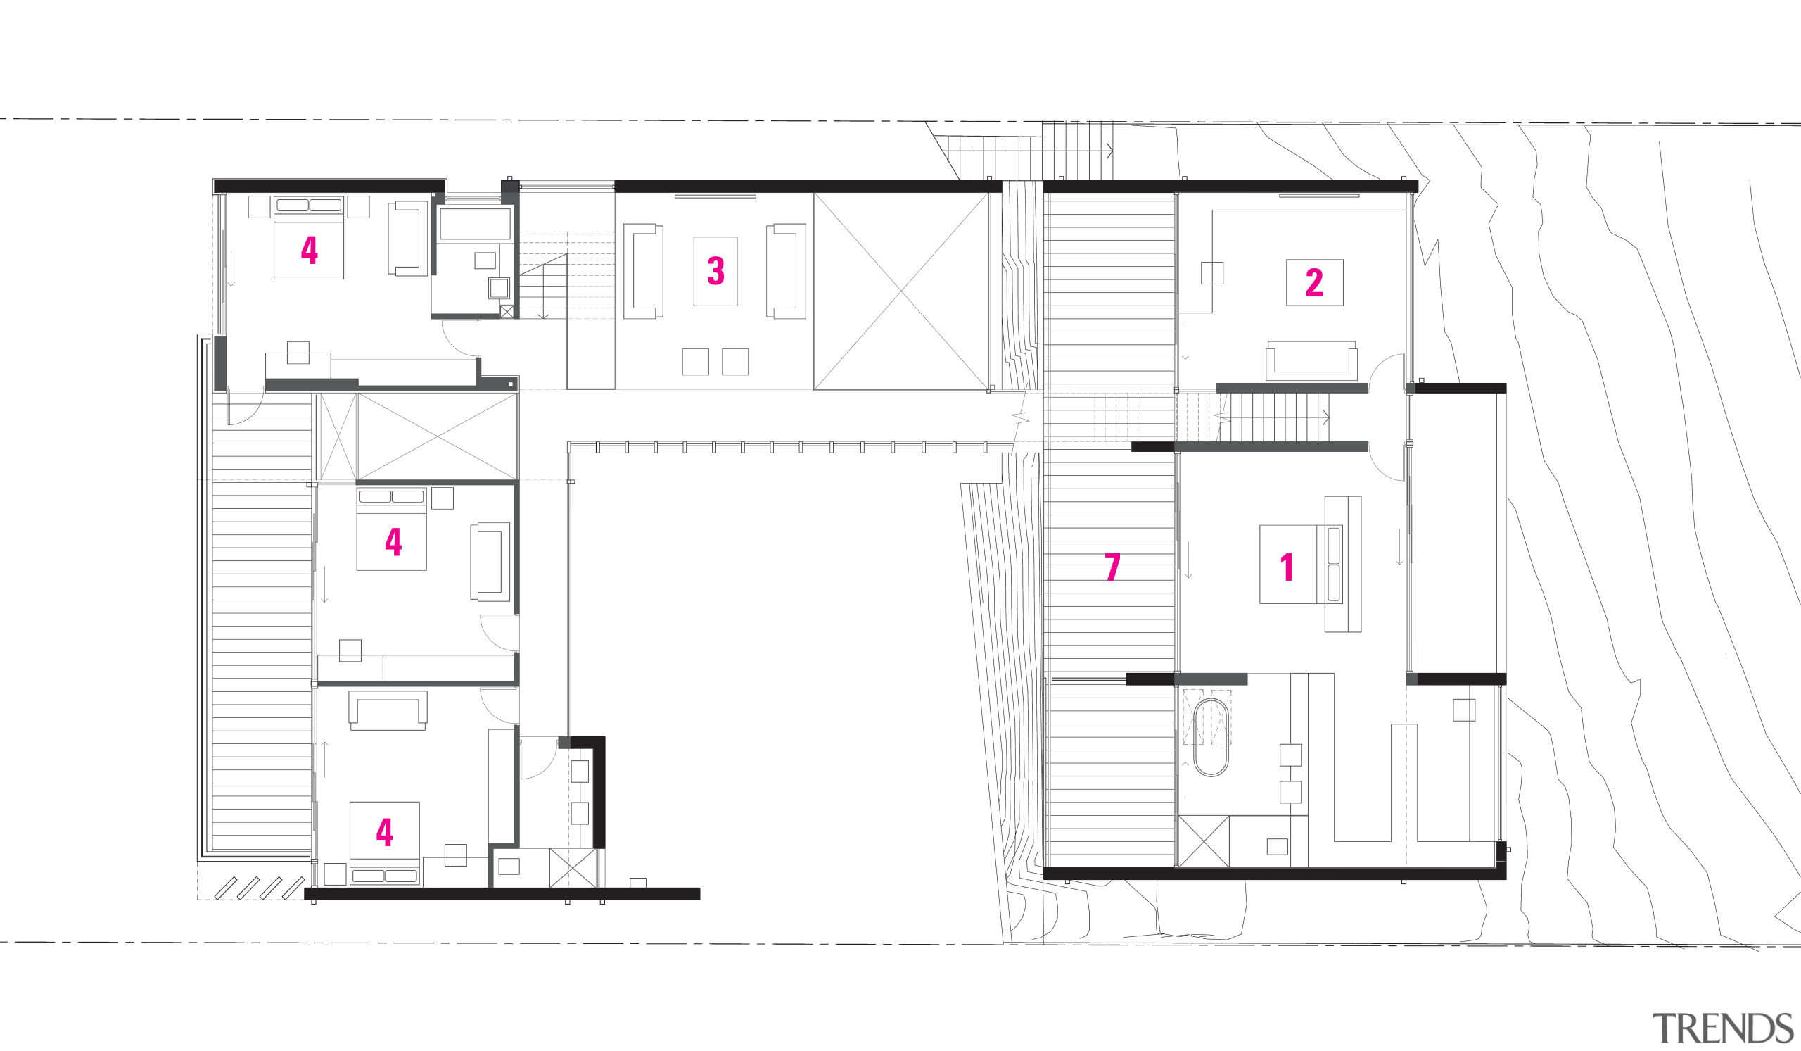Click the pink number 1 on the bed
click(x=1287, y=567)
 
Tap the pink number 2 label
click(x=1313, y=282)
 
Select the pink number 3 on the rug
click(x=715, y=271)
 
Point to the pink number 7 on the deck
click(x=1112, y=567)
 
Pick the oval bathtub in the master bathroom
click(x=1211, y=738)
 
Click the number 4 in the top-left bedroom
click(x=309, y=249)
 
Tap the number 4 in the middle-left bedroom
click(x=393, y=541)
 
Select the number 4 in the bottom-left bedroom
click(x=385, y=831)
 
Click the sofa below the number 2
click(x=1311, y=361)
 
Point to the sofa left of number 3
click(x=642, y=271)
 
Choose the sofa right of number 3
click(x=786, y=271)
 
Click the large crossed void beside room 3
click(x=901, y=291)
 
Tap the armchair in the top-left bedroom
click(x=408, y=238)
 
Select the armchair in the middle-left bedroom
click(x=490, y=561)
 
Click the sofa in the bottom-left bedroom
click(x=388, y=711)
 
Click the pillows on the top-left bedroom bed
click(x=309, y=205)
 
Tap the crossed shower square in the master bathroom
click(x=1204, y=841)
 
